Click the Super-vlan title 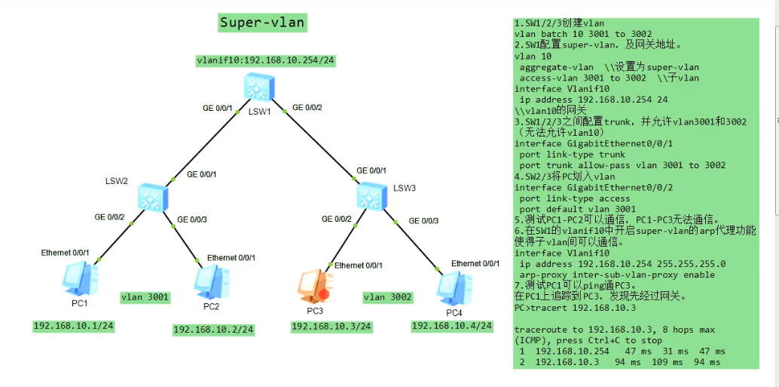262,23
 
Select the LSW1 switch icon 260,89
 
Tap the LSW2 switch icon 154,198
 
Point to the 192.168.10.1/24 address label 73,326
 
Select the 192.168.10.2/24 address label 214,329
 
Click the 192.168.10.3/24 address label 331,326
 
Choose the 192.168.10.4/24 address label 452,326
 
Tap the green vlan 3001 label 145,297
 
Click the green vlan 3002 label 388,297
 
